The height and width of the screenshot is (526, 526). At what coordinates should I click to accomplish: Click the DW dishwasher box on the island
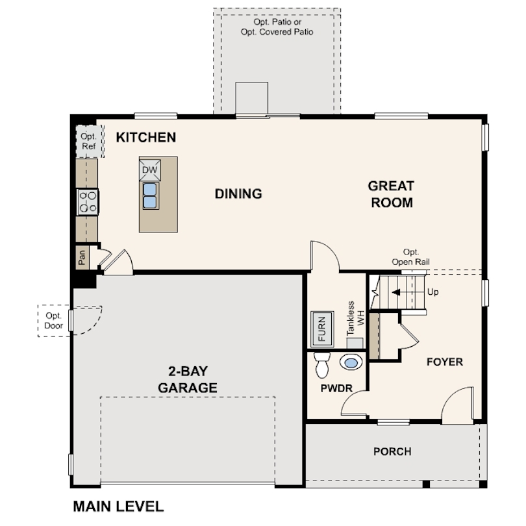pos(150,169)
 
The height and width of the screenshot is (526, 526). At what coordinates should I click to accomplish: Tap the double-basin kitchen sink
pos(150,196)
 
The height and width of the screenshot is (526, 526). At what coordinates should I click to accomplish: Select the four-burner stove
pos(88,202)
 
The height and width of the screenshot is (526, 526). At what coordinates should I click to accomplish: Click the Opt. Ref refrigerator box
pos(90,141)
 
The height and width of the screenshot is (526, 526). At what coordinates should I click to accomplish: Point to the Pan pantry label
pos(82,258)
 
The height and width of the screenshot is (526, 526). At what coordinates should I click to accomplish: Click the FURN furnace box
pos(322,329)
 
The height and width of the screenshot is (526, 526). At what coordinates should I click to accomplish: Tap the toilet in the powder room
pos(322,365)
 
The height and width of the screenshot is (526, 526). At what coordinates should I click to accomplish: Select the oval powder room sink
pos(351,362)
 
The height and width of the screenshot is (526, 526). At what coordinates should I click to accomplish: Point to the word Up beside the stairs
pos(432,292)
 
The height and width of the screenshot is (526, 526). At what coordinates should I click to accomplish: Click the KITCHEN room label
pos(146,138)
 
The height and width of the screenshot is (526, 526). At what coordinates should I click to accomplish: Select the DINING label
pos(238,194)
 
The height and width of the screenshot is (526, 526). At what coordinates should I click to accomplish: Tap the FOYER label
pos(445,362)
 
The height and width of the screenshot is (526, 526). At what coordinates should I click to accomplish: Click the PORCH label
pos(392,451)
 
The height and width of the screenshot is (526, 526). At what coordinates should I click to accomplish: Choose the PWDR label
pos(336,388)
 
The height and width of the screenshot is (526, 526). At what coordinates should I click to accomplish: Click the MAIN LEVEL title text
pos(118,507)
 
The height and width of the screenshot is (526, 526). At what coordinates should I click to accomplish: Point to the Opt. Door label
pos(54,321)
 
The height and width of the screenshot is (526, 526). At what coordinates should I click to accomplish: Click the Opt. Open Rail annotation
pos(410,257)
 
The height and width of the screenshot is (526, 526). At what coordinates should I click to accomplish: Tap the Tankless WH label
pos(355,318)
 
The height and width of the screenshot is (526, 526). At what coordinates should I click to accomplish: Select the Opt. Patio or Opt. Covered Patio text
pos(277,27)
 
